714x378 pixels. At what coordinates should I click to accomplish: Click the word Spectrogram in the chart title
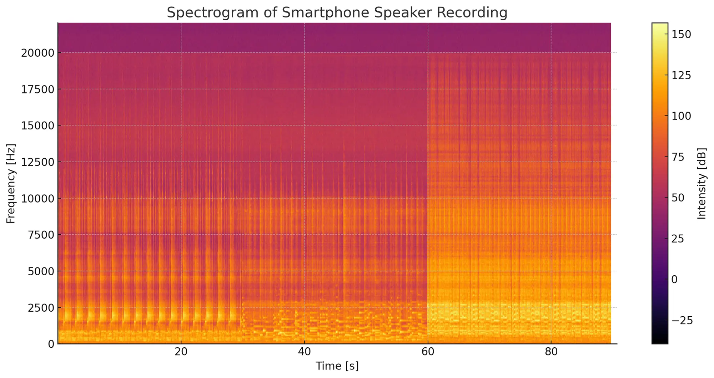[x=205, y=13]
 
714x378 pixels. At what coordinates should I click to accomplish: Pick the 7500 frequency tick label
[x=40, y=235]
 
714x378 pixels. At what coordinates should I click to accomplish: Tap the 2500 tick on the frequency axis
[x=40, y=307]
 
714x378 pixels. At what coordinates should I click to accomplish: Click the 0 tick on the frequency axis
[x=51, y=344]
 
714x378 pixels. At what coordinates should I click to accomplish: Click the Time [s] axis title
[x=337, y=366]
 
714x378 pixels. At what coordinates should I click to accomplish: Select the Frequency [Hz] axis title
[x=11, y=183]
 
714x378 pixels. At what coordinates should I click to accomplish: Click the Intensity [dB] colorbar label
[x=702, y=183]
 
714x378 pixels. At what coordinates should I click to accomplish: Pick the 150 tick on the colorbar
[x=681, y=34]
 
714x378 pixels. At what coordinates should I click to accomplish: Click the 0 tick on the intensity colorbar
[x=674, y=280]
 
